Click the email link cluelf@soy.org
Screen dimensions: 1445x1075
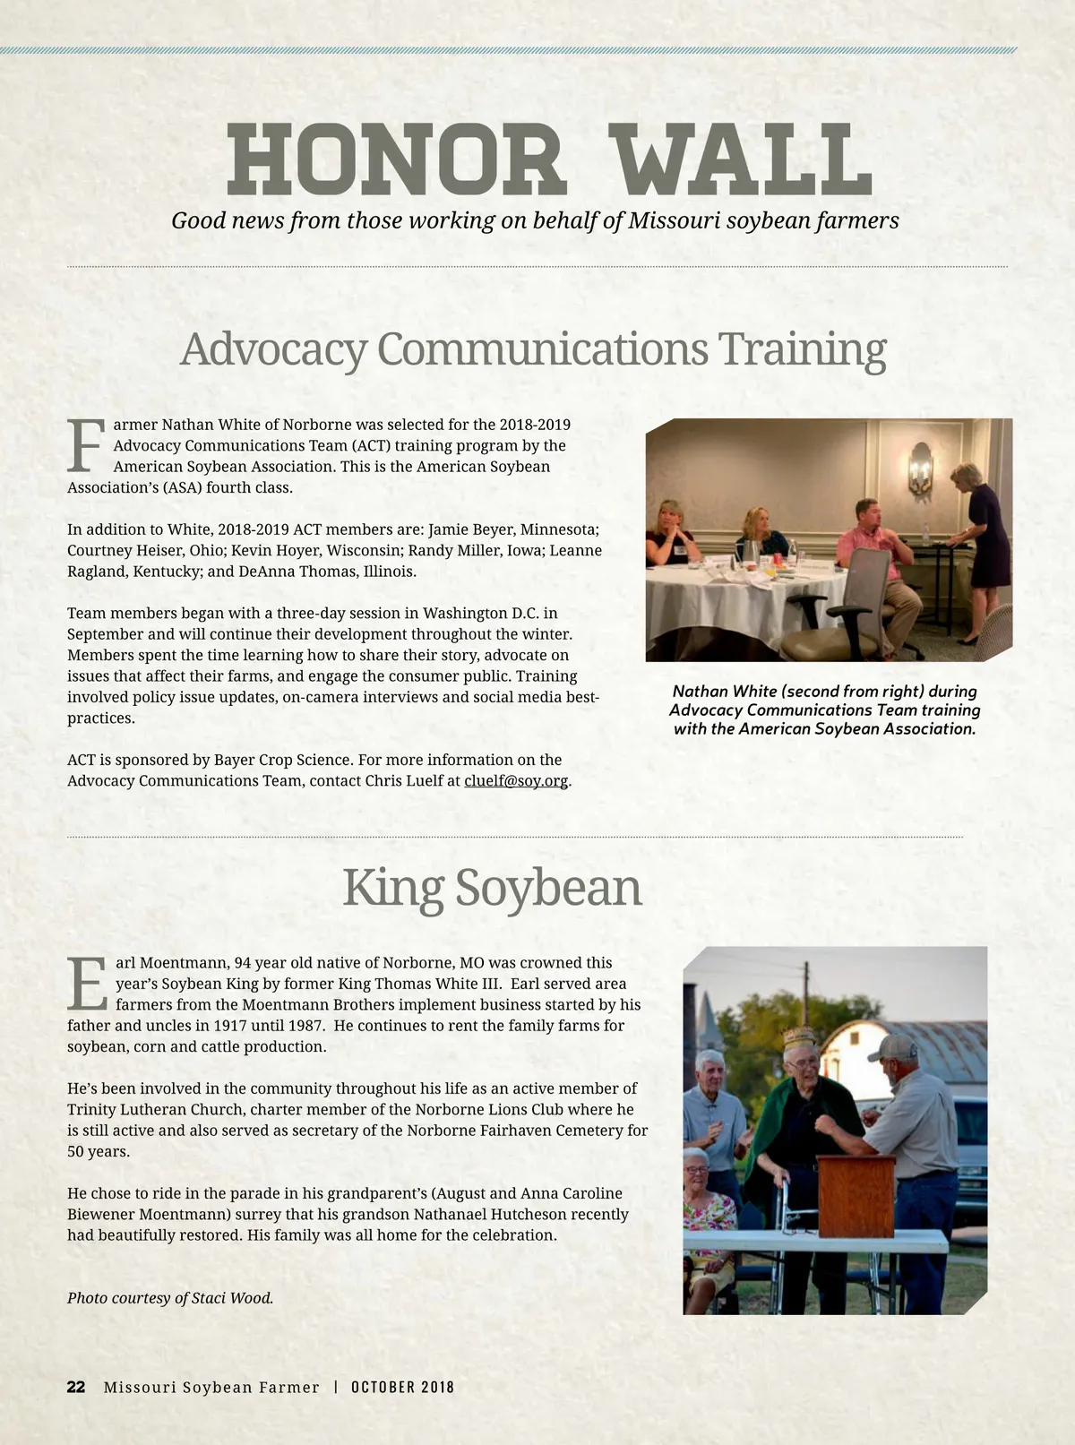(516, 780)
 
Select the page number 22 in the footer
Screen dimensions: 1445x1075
(76, 1387)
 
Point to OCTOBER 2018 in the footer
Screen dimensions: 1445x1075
(402, 1387)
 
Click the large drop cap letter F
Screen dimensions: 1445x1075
(86, 446)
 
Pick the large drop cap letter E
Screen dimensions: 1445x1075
(88, 985)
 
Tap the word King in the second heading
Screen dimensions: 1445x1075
(392, 888)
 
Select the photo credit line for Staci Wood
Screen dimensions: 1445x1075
(170, 1297)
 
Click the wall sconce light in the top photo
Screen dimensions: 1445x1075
(920, 468)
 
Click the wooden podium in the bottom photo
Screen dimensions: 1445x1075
(856, 1196)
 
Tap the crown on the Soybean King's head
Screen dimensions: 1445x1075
(798, 1037)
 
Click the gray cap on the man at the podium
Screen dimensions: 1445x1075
(892, 1047)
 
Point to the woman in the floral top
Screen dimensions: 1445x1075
(708, 1214)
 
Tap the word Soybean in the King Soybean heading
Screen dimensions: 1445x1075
(548, 888)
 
